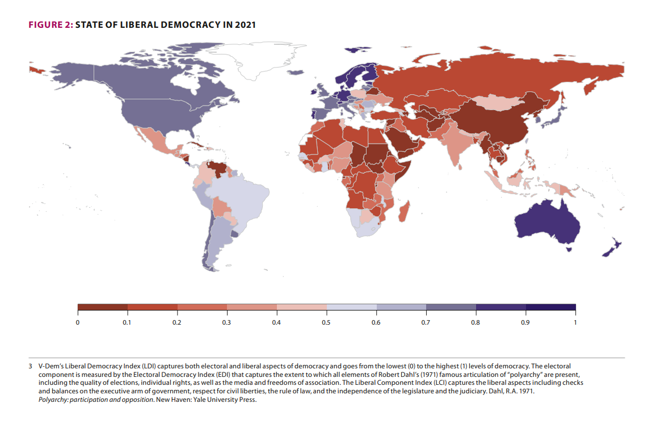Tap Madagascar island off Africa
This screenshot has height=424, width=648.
point(404,215)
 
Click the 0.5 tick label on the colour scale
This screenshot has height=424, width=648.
point(326,322)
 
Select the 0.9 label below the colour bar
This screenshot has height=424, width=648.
point(525,322)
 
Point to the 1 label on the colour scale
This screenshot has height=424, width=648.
point(575,322)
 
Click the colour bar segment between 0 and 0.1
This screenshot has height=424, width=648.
point(102,307)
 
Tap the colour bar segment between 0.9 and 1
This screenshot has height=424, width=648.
point(550,307)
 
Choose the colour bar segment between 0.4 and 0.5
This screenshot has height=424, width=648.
point(301,307)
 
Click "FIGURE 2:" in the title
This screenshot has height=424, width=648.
point(50,25)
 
